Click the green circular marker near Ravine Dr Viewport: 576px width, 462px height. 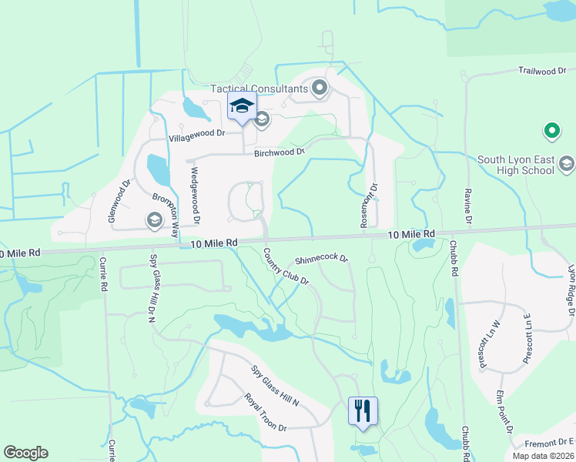[x=551, y=132]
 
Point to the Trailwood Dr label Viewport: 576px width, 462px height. [x=542, y=72]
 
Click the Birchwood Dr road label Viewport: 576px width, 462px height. [x=280, y=152]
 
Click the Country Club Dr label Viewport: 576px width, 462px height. [x=286, y=267]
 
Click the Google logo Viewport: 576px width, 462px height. [x=25, y=453]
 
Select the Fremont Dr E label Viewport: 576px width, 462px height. [x=550, y=441]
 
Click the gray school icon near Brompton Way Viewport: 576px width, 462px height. [x=154, y=221]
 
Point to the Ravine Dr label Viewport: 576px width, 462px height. [x=467, y=207]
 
